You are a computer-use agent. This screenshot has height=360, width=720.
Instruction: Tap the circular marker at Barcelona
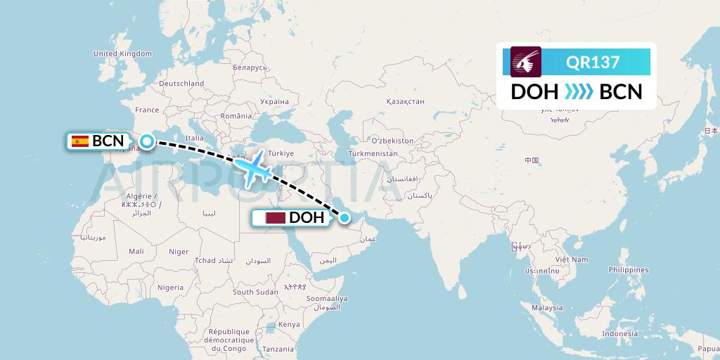[146, 141]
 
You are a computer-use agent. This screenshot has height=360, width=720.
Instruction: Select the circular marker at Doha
[345, 218]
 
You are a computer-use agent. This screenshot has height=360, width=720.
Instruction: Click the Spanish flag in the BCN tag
[79, 141]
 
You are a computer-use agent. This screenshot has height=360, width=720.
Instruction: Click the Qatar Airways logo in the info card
[526, 62]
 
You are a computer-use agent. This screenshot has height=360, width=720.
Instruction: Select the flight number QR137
[593, 63]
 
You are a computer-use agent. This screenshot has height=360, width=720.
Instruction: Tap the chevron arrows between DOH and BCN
[579, 92]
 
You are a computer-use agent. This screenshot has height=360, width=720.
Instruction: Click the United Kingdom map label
[122, 53]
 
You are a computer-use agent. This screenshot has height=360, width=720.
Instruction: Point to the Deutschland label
[181, 83]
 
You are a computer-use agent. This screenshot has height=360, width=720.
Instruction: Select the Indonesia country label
[610, 333]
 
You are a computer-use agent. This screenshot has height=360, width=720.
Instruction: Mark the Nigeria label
[170, 287]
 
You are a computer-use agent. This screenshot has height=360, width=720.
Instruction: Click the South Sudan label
[255, 292]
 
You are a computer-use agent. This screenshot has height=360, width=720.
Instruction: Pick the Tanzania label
[278, 349]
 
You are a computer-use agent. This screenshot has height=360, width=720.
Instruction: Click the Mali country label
[136, 251]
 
